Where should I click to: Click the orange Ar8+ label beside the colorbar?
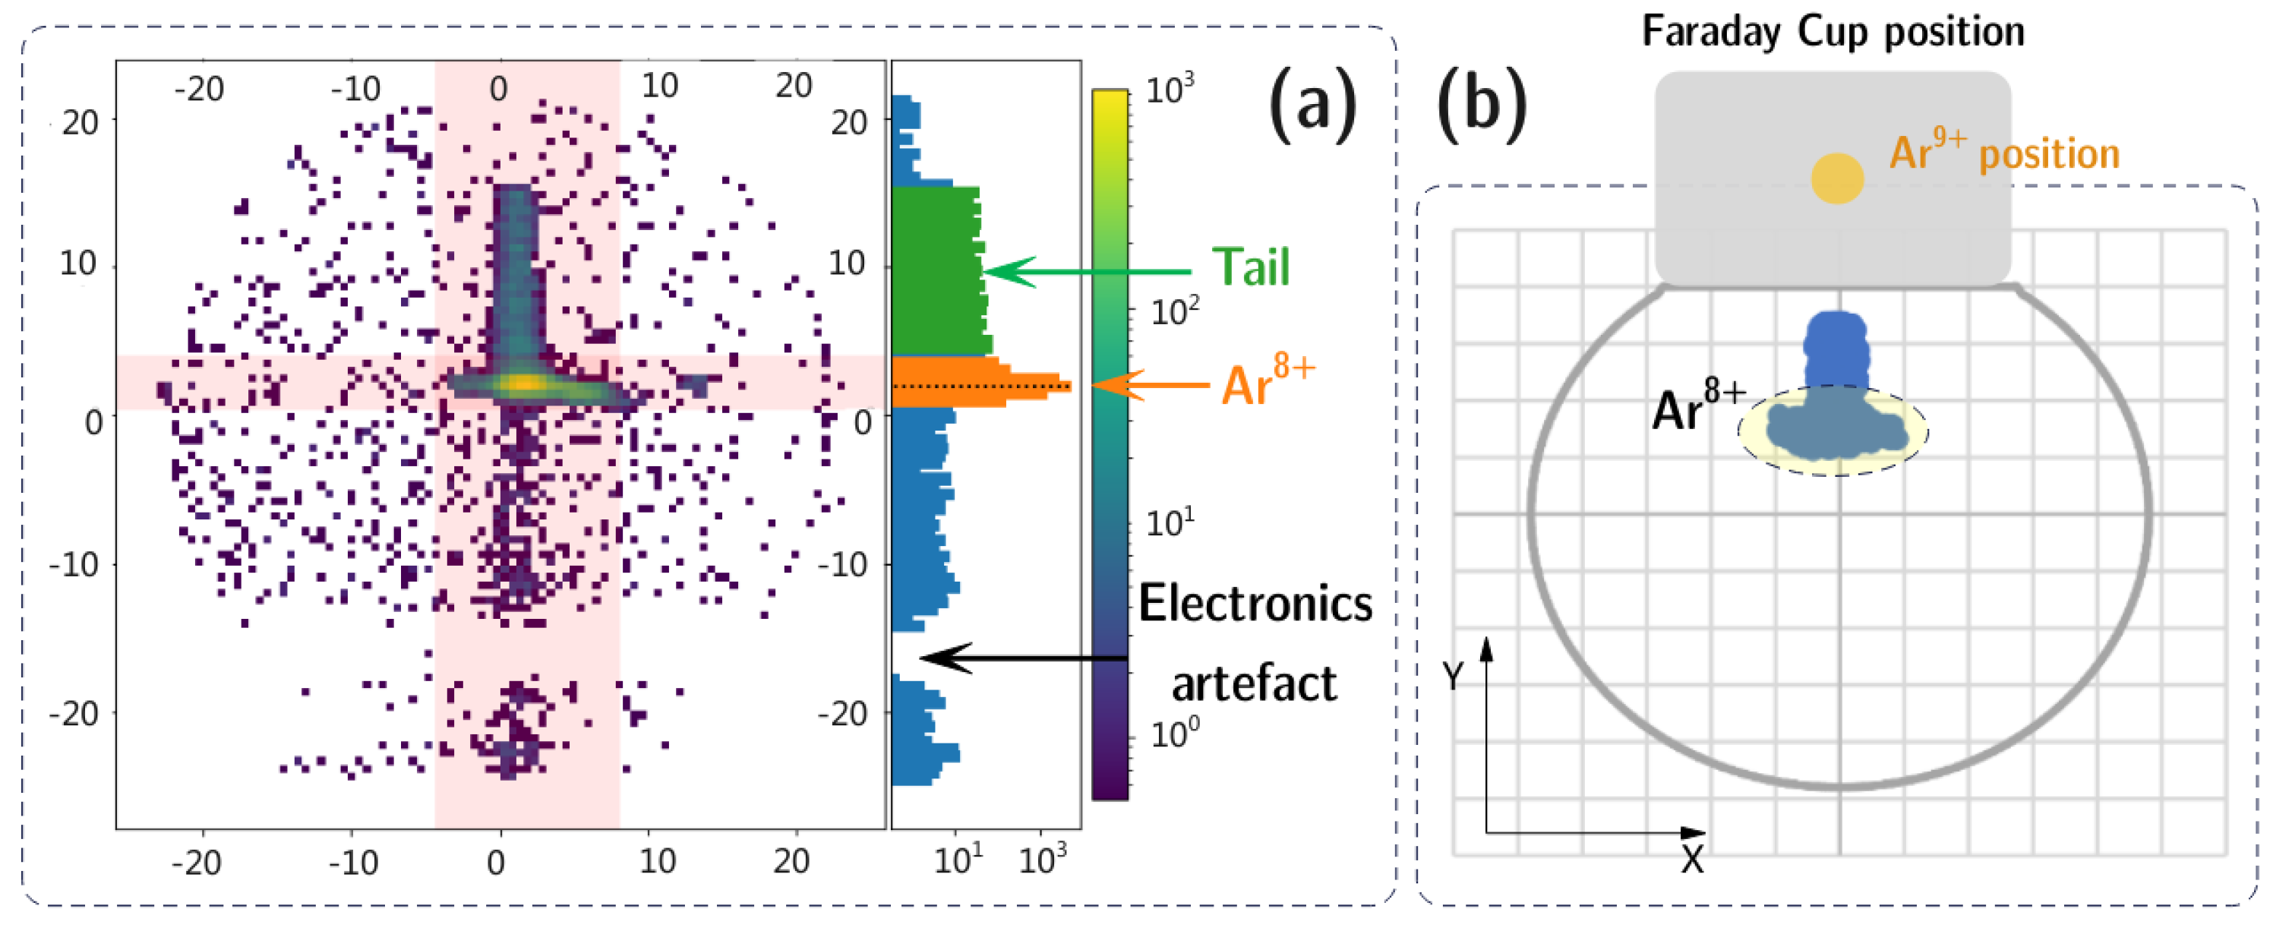coord(1267,381)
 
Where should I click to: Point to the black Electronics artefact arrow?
coord(1024,658)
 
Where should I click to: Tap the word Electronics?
coord(1255,604)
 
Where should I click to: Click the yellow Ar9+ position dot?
coord(1837,178)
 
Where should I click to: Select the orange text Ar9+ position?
coord(2004,153)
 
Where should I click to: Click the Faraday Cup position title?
coord(1833,33)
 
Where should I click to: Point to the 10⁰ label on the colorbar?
coord(1174,733)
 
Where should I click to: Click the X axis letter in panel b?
coord(1691,859)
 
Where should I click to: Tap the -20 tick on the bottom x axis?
coord(196,861)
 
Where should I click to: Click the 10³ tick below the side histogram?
coord(1043,858)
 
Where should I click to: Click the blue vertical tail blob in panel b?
coord(1836,349)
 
